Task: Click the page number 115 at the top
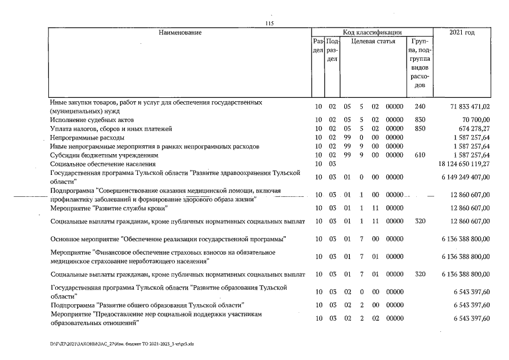coord(269,23)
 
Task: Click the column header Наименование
coord(180,33)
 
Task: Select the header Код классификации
coord(372,33)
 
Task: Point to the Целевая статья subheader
coord(373,42)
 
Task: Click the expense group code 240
coord(420,106)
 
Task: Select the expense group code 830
coord(420,120)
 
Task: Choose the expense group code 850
coord(420,129)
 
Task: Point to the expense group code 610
coord(420,155)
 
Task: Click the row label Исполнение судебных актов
coord(89,120)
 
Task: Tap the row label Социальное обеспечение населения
coord(102,163)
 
